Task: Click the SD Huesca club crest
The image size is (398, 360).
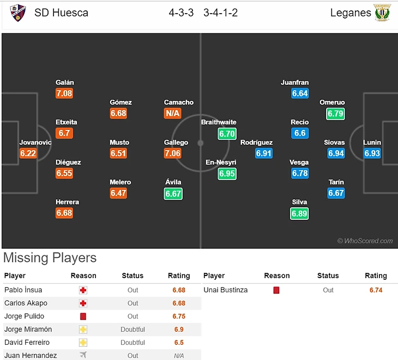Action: (17, 13)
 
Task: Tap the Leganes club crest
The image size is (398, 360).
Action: (382, 13)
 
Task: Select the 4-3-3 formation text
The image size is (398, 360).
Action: (181, 13)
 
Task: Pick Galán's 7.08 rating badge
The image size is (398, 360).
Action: (64, 93)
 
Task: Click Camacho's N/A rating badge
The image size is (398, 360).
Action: (173, 113)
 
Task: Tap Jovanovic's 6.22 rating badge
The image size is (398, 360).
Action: (28, 153)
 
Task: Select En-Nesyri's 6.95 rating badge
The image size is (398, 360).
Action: (227, 173)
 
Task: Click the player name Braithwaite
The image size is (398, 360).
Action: (219, 122)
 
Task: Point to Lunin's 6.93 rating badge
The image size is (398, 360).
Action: (372, 153)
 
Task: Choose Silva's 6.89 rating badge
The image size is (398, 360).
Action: (299, 213)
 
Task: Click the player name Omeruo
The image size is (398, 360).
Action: (332, 102)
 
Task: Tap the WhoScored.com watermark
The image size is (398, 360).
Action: (365, 241)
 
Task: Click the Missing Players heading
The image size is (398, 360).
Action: (50, 258)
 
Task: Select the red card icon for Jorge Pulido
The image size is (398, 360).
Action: (83, 316)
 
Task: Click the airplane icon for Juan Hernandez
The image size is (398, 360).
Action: (83, 355)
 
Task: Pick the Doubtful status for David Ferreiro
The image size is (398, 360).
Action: (133, 343)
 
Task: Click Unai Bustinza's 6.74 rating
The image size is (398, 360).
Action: (376, 290)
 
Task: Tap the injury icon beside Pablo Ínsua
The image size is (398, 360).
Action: (83, 290)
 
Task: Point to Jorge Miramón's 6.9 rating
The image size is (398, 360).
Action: (178, 329)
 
